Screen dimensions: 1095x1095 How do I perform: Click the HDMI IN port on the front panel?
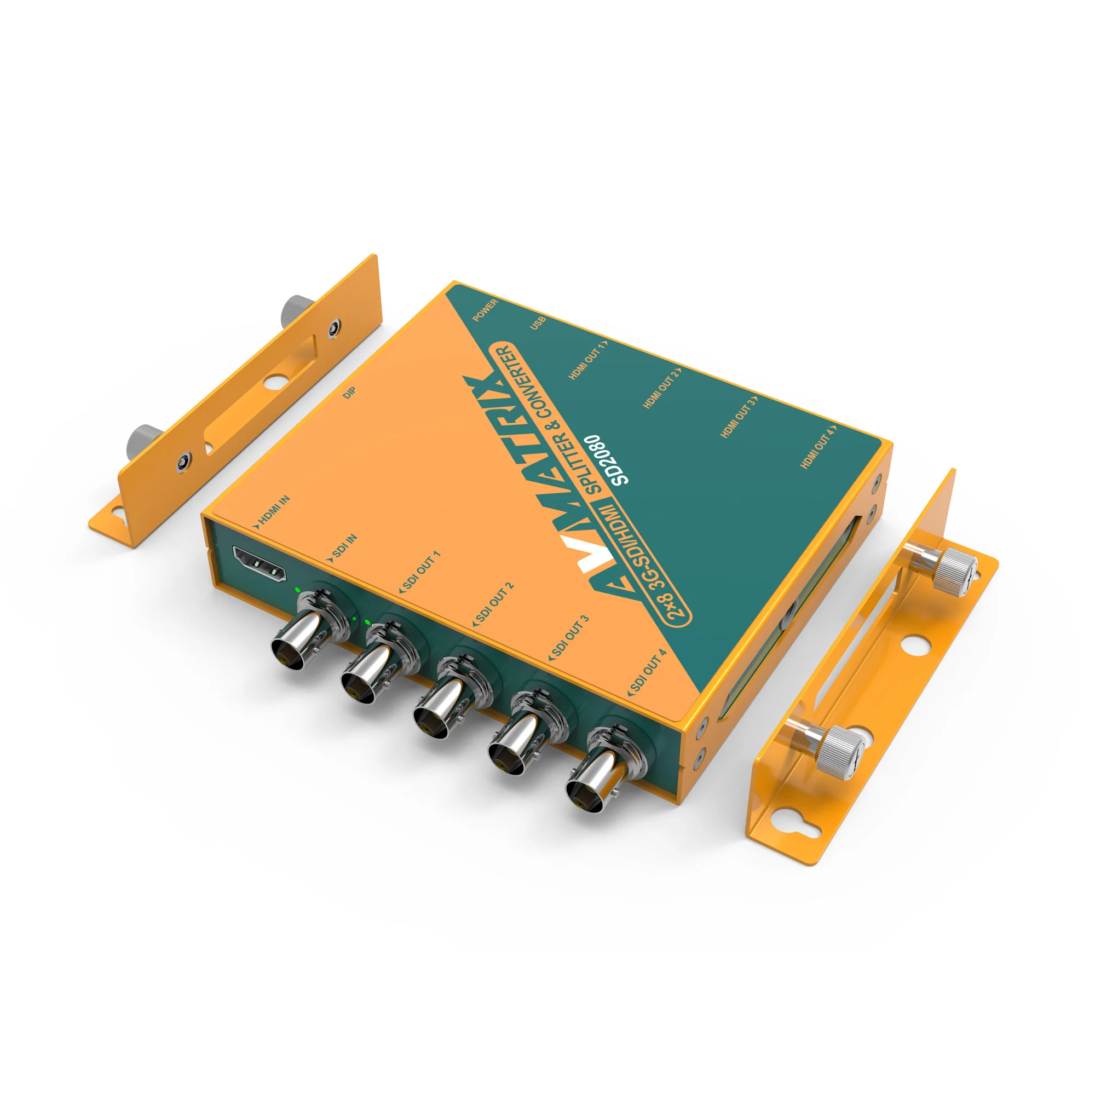click(259, 565)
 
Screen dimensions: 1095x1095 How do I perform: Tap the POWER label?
click(485, 310)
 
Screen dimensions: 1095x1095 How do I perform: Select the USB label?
click(538, 324)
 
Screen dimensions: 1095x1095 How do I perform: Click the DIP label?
click(350, 393)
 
